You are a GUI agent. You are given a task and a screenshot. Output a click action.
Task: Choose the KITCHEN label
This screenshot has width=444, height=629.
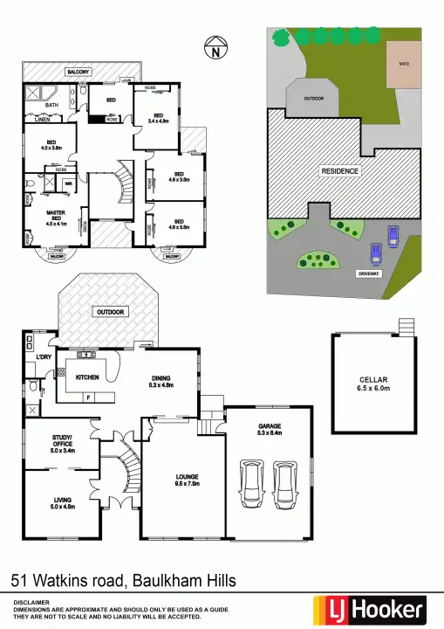[x=87, y=377]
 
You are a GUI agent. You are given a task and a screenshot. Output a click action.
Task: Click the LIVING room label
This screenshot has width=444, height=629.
[x=63, y=501]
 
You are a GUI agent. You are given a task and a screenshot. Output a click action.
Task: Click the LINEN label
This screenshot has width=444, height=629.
[x=40, y=121]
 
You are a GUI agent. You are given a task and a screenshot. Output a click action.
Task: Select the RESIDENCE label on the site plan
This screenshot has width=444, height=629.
[x=340, y=171]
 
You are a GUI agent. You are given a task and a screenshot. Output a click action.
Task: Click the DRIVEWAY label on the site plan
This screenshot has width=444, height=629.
[x=369, y=274]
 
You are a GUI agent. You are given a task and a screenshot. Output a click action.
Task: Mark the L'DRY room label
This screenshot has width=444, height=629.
[x=43, y=359]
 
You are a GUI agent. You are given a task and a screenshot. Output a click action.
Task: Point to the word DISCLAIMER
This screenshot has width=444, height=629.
[x=31, y=603]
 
